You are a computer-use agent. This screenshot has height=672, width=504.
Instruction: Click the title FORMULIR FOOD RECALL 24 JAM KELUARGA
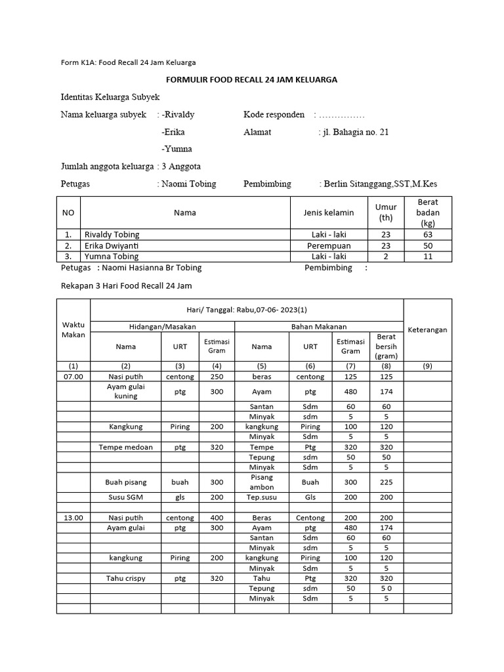pos(252,79)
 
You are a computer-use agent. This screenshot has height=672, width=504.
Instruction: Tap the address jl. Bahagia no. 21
pos(355,132)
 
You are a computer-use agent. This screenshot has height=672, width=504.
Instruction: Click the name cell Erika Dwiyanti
pos(112,245)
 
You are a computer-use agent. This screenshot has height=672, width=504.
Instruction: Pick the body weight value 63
pos(428,234)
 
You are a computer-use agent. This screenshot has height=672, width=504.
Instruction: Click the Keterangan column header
pos(427,329)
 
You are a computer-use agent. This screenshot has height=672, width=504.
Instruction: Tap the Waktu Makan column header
pos(73,329)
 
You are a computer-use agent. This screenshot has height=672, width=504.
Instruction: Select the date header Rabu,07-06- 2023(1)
pos(246,310)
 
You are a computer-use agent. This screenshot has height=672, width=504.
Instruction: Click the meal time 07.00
pos(73,377)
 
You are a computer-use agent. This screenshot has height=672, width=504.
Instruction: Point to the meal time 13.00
pos(73,518)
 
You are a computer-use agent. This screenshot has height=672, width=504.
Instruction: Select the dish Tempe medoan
pos(126,447)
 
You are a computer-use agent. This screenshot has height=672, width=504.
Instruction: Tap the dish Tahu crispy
pos(126,578)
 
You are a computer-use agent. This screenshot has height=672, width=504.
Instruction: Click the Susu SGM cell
pos(126,498)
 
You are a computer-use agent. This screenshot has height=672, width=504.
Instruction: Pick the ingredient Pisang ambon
pos(262,482)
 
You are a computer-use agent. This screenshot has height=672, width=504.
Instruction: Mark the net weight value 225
pos(387,482)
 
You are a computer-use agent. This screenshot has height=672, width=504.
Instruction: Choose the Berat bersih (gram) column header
pos(387,346)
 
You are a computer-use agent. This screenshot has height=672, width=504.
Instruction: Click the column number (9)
pos(427,366)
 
